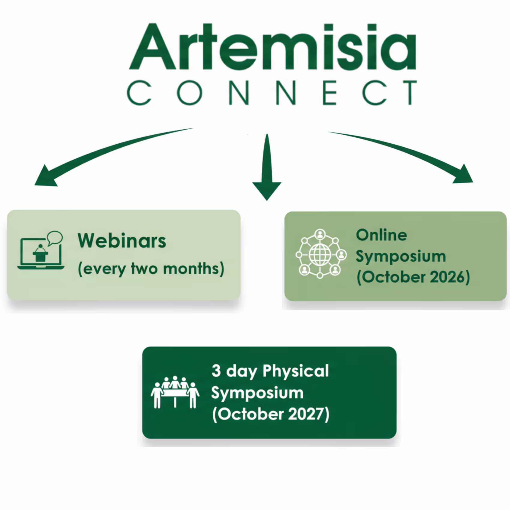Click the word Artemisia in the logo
(x=272, y=47)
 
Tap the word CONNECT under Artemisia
(x=272, y=93)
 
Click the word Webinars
(x=122, y=241)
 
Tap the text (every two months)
(x=151, y=268)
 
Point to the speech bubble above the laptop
(x=55, y=238)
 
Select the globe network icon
(x=320, y=254)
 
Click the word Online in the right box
(x=381, y=235)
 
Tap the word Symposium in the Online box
(x=401, y=256)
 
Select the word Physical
(x=296, y=371)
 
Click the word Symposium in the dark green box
(x=257, y=393)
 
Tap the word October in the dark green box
(x=250, y=414)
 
